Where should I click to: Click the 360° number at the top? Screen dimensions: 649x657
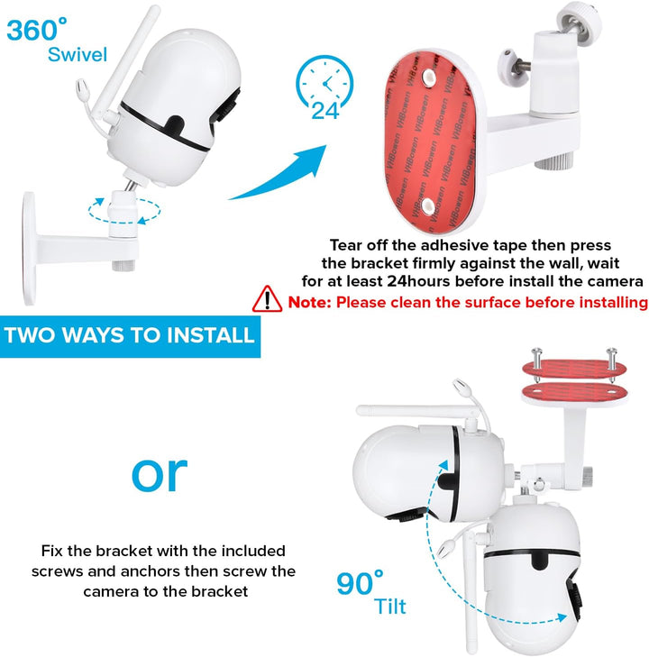click(36, 30)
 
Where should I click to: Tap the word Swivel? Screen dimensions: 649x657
click(78, 54)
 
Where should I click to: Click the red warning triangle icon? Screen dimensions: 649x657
click(268, 299)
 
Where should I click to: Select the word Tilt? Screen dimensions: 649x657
click(390, 607)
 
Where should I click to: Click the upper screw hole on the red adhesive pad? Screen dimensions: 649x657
click(428, 77)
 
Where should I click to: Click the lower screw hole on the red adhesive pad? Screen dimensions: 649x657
click(428, 205)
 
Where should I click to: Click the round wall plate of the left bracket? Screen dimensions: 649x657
click(30, 249)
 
